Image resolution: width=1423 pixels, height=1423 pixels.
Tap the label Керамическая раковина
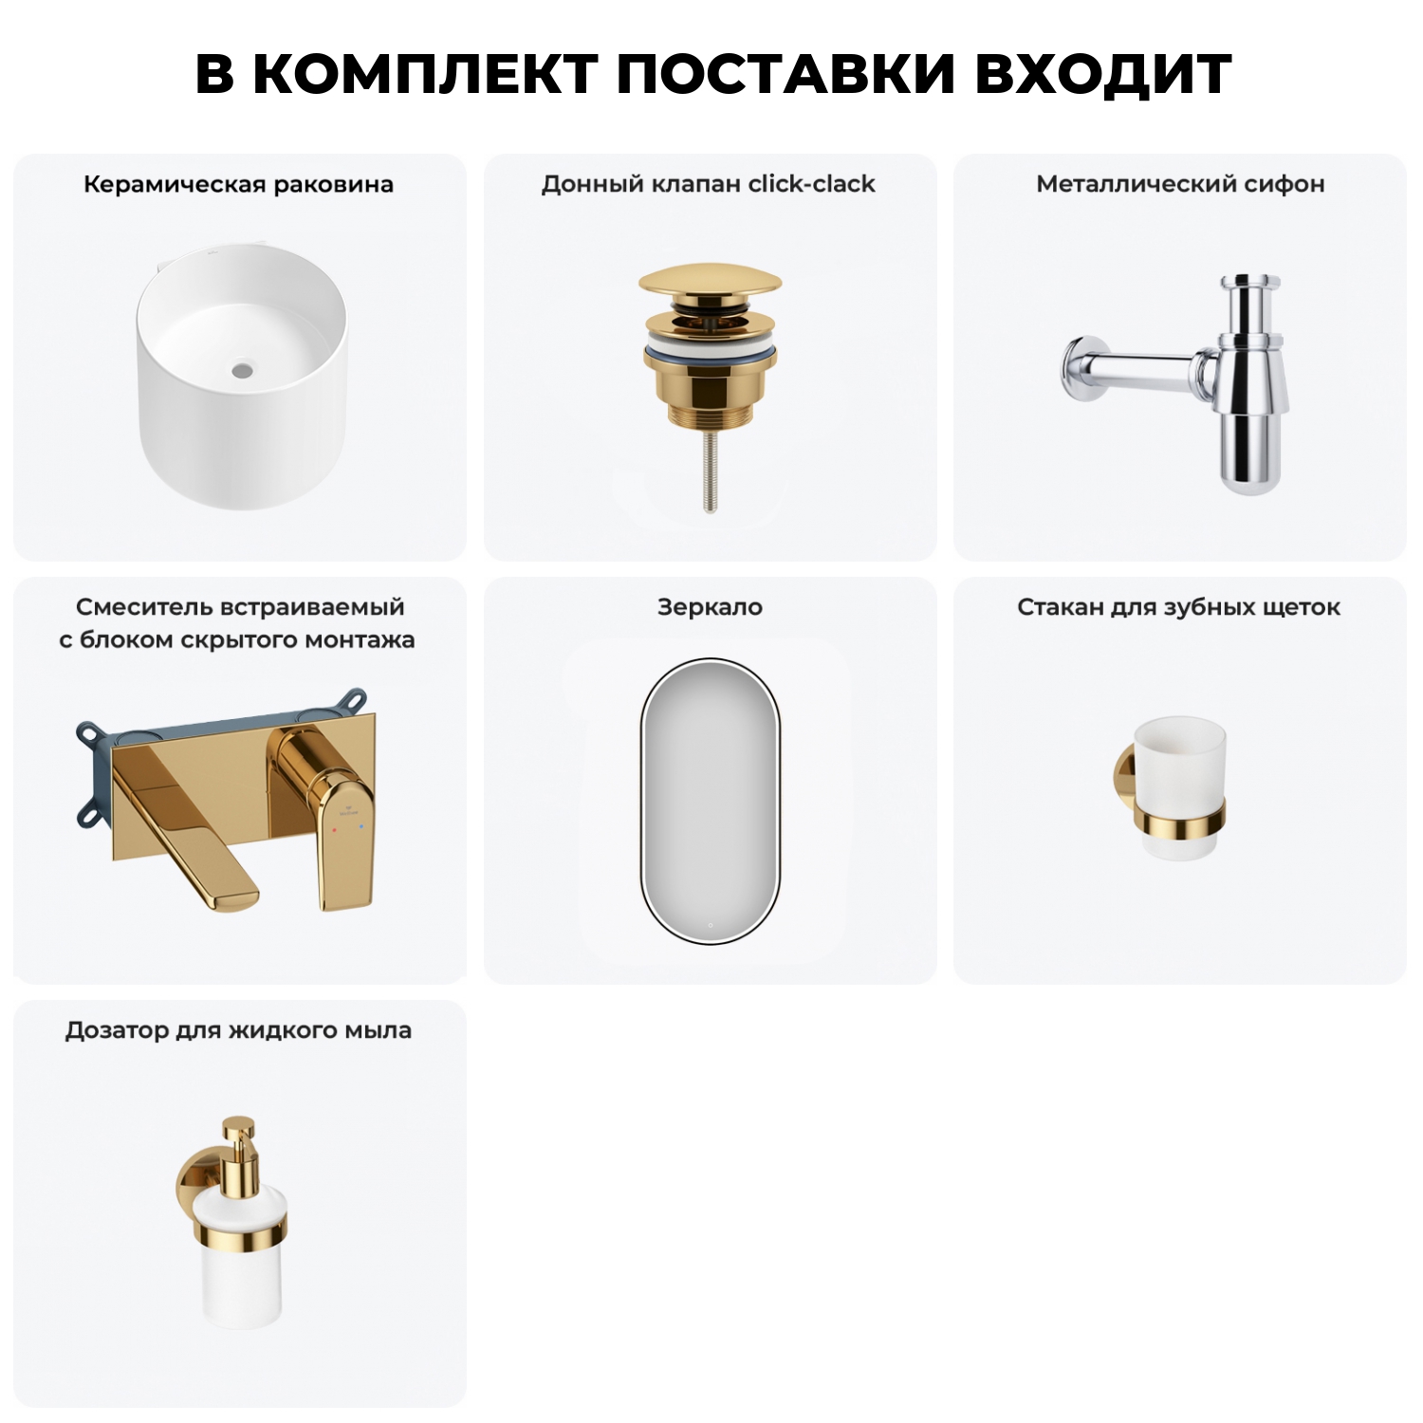[x=238, y=184]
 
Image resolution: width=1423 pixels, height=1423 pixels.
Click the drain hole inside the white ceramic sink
[x=244, y=366]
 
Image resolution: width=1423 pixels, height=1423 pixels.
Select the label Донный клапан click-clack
[x=708, y=184]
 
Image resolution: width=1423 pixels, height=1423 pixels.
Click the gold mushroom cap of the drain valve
[x=710, y=282]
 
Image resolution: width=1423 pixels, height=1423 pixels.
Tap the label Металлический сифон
[x=1180, y=184]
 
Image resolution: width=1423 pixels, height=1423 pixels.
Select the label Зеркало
[x=710, y=607]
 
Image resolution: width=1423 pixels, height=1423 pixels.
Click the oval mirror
[x=710, y=802]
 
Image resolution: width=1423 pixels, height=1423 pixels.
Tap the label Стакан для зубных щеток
[x=1178, y=607]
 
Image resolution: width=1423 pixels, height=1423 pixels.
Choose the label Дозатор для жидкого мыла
[x=238, y=1030]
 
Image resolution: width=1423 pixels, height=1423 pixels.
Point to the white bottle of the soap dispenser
[x=239, y=1281]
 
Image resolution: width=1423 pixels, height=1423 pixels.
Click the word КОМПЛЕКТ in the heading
[x=425, y=74]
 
